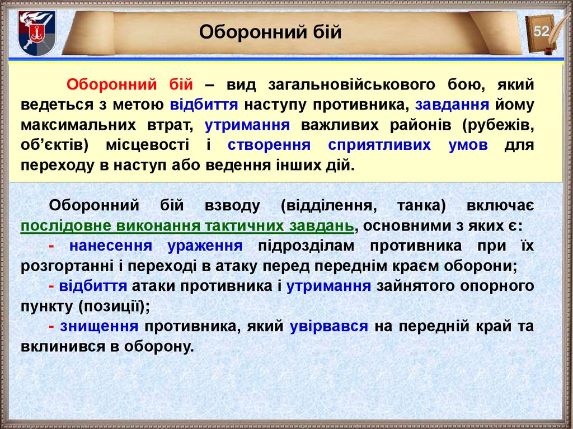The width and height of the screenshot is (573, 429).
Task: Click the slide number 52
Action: click(x=541, y=31)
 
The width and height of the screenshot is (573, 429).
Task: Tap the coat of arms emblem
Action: click(x=37, y=33)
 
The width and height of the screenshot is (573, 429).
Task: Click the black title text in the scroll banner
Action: click(x=270, y=32)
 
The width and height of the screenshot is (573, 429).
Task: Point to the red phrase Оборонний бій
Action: click(x=130, y=85)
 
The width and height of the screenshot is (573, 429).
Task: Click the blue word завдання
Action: click(x=452, y=105)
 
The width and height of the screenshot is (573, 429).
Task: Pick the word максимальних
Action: click(x=78, y=125)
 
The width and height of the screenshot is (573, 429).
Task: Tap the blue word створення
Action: click(x=269, y=145)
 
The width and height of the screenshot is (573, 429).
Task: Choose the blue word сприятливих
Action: click(x=379, y=145)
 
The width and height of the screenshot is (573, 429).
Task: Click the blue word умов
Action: click(x=468, y=145)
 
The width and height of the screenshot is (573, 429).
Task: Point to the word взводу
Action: click(x=232, y=206)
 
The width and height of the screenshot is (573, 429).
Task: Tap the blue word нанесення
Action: click(x=111, y=246)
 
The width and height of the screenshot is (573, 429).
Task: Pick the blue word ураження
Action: click(x=205, y=246)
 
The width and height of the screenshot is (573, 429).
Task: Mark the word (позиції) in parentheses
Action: click(x=114, y=307)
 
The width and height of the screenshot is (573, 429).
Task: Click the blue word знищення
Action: click(x=100, y=326)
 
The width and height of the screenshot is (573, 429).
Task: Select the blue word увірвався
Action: click(x=329, y=326)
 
